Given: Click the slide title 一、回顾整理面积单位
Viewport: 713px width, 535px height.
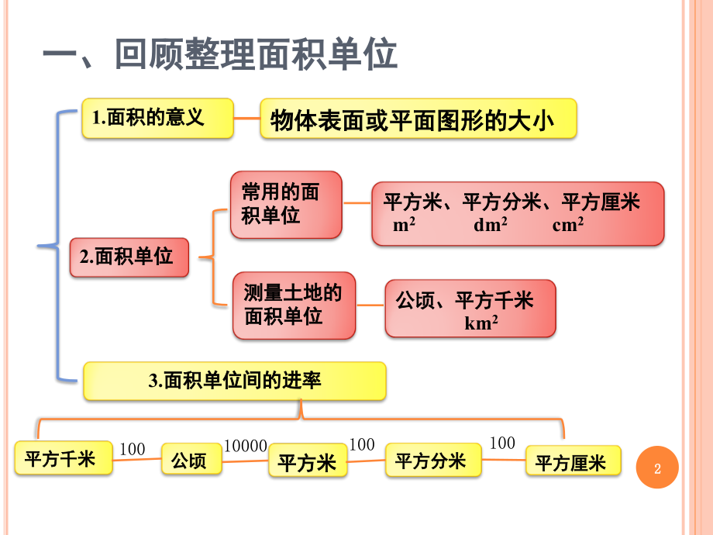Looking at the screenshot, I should tap(219, 56).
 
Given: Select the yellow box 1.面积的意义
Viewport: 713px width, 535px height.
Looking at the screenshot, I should tap(157, 118).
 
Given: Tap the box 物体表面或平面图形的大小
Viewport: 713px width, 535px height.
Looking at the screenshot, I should tap(418, 119).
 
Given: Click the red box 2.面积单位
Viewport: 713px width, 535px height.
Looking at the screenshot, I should tap(129, 257).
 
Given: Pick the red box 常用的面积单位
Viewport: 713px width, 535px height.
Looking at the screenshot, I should tap(285, 204).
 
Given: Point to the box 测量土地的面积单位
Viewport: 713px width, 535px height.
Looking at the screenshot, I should tap(294, 305).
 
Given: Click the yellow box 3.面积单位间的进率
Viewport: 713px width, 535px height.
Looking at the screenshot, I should tap(234, 381).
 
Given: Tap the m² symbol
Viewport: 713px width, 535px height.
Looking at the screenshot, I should tap(404, 225).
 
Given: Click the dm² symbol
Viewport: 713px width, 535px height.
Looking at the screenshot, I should tap(491, 225).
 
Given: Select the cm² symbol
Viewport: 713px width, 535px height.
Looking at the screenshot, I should tap(568, 225).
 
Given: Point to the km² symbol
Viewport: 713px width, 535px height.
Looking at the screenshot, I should tap(481, 323).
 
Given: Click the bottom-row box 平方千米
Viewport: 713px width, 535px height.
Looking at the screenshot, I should tap(63, 458).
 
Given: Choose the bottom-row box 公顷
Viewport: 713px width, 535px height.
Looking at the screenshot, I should tap(191, 461).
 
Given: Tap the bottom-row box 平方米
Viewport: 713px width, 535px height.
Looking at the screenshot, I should tap(308, 463).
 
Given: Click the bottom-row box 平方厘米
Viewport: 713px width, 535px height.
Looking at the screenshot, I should tap(573, 463).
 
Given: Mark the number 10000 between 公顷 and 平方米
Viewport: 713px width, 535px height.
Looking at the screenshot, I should tap(246, 446).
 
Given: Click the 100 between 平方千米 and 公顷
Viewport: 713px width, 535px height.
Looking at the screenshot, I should tap(133, 448).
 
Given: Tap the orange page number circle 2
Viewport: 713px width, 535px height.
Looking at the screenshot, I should tap(657, 468).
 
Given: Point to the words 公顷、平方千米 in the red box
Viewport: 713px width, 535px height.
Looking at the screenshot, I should tap(464, 300).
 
